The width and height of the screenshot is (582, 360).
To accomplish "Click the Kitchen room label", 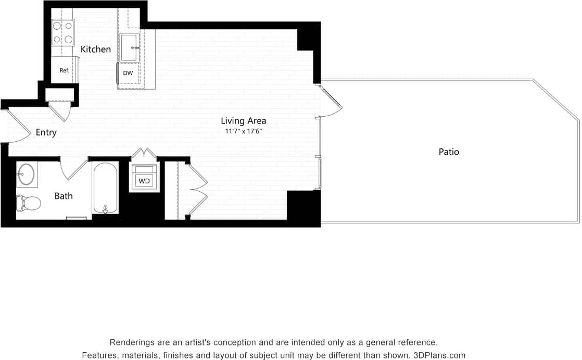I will pyautogui.click(x=96, y=49).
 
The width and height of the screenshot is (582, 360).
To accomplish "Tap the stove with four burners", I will pyautogui.click(x=62, y=32).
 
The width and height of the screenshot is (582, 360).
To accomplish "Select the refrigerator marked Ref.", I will pyautogui.click(x=64, y=70).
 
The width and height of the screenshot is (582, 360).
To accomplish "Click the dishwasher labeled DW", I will pyautogui.click(x=128, y=73).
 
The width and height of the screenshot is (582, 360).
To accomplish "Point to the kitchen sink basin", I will pyautogui.click(x=129, y=48).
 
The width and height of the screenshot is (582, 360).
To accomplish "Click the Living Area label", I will pyautogui.click(x=243, y=121).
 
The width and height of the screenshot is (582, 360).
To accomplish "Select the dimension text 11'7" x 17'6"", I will pyautogui.click(x=243, y=131).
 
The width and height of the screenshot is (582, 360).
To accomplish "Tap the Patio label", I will pyautogui.click(x=449, y=152).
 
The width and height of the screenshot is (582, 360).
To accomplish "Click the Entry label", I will pyautogui.click(x=46, y=133).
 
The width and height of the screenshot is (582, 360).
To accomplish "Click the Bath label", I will pyautogui.click(x=64, y=196).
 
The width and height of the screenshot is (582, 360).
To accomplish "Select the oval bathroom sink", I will pyautogui.click(x=26, y=175).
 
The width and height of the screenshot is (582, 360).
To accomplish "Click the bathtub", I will pyautogui.click(x=105, y=188).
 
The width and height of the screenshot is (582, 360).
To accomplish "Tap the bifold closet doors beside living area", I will pyautogui.click(x=197, y=189).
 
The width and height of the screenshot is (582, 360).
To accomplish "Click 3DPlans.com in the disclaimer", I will pyautogui.click(x=439, y=355).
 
